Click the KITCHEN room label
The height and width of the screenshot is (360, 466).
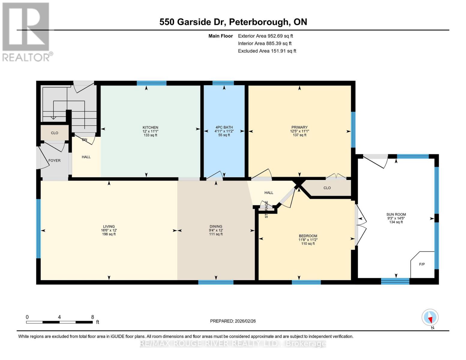[150, 127]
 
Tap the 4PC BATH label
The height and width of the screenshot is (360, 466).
[224, 127]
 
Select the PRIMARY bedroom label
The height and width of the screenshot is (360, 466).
[299, 127]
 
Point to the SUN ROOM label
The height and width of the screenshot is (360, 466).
[396, 214]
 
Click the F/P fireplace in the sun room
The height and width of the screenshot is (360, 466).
[422, 264]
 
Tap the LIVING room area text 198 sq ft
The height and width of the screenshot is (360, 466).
[109, 234]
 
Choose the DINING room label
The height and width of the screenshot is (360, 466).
[216, 226]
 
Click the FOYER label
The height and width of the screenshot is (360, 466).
[54, 160]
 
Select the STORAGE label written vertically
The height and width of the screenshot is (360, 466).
[266, 209]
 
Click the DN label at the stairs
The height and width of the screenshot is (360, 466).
[85, 139]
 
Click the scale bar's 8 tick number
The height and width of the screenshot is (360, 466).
[92, 317]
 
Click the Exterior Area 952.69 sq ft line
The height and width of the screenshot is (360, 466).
[265, 36]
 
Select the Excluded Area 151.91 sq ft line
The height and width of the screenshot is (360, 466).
[267, 51]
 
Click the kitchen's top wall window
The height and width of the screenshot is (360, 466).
[152, 83]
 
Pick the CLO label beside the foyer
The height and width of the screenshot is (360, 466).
[54, 133]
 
